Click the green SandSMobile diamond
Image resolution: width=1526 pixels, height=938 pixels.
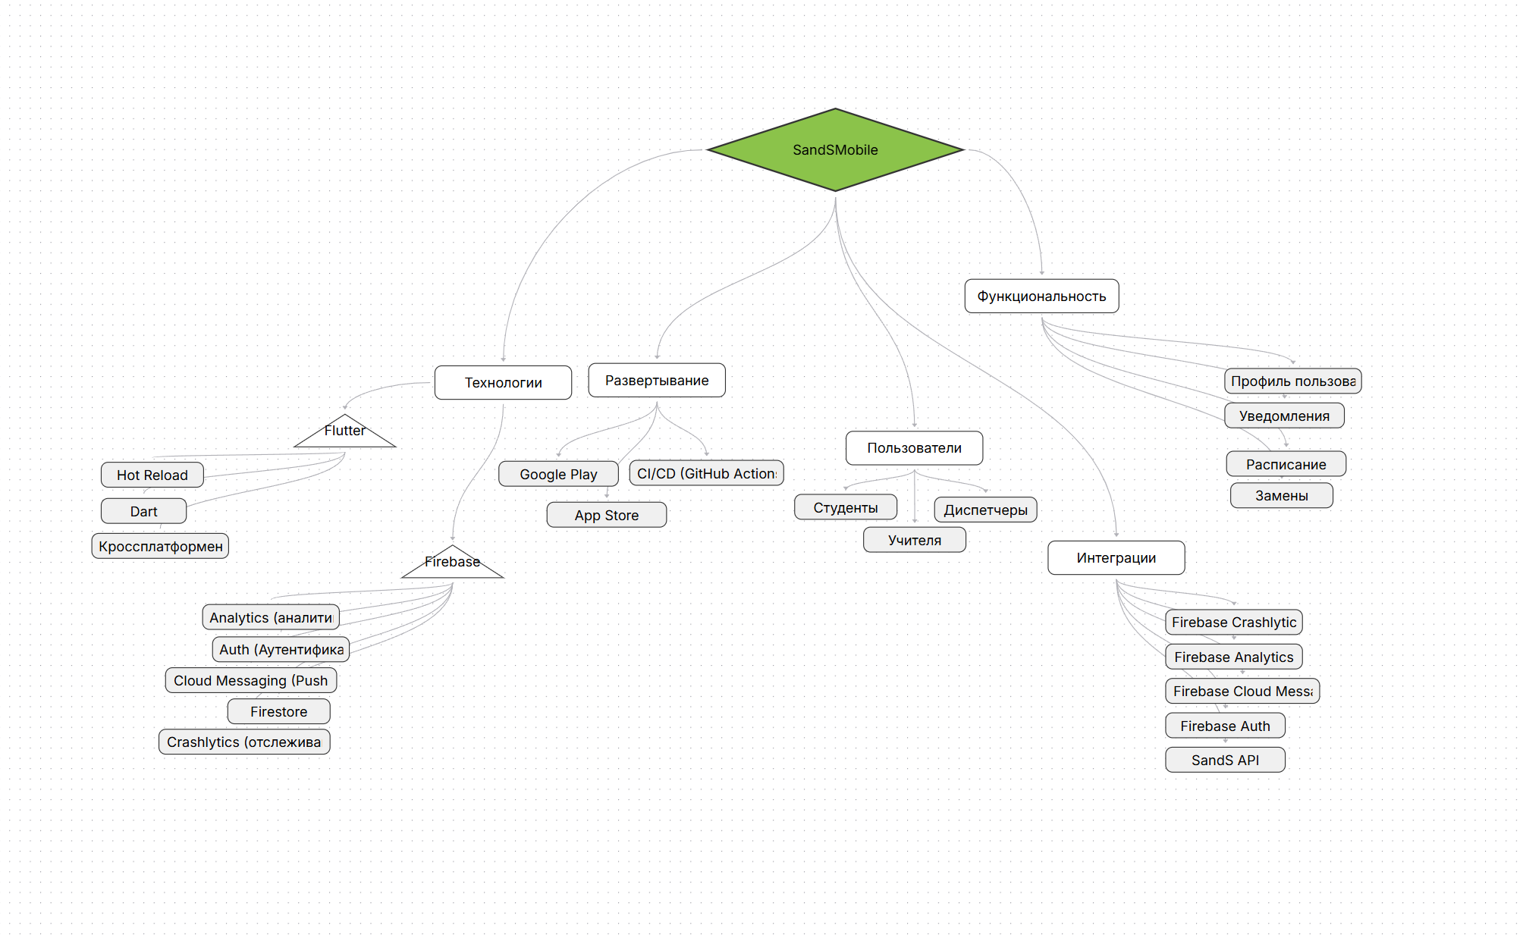pyautogui.click(x=835, y=149)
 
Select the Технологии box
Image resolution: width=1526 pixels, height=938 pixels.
pyautogui.click(x=503, y=382)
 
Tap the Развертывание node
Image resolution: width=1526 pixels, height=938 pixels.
pyautogui.click(x=657, y=380)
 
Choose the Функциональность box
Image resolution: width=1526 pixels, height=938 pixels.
pyautogui.click(x=1041, y=296)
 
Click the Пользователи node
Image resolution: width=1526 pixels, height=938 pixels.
pyautogui.click(x=914, y=447)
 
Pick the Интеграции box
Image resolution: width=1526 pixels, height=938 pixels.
pyautogui.click(x=1116, y=557)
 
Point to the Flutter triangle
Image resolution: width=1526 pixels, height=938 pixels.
pyautogui.click(x=345, y=433)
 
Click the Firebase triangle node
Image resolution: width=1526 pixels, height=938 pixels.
pyautogui.click(x=453, y=564)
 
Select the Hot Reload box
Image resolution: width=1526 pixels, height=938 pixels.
pyautogui.click(x=152, y=475)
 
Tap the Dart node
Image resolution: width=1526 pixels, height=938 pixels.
pyautogui.click(x=143, y=511)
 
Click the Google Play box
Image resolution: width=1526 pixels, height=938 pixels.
pyautogui.click(x=558, y=474)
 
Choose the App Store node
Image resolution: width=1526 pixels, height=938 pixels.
pyautogui.click(x=606, y=515)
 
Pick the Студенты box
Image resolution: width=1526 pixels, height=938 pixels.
pyautogui.click(x=845, y=507)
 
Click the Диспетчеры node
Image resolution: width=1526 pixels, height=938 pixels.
pyautogui.click(x=985, y=510)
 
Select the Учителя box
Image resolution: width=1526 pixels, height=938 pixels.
pyautogui.click(x=914, y=540)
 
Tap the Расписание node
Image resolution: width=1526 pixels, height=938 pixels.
pyautogui.click(x=1286, y=464)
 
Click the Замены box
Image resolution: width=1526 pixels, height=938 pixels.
pyautogui.click(x=1281, y=495)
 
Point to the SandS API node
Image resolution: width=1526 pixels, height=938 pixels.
pyautogui.click(x=1225, y=760)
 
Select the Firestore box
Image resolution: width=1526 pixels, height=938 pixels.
pyautogui.click(x=278, y=711)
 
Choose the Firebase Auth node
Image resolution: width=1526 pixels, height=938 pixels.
pyautogui.click(x=1225, y=726)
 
